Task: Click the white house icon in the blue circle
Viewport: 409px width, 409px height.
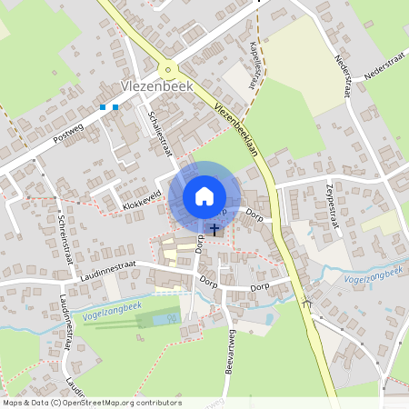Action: (204, 195)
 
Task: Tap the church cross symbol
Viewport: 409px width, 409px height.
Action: (214, 230)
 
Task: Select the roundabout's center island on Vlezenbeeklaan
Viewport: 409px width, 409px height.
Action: (166, 71)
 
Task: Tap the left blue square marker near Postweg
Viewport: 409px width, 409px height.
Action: (103, 107)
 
